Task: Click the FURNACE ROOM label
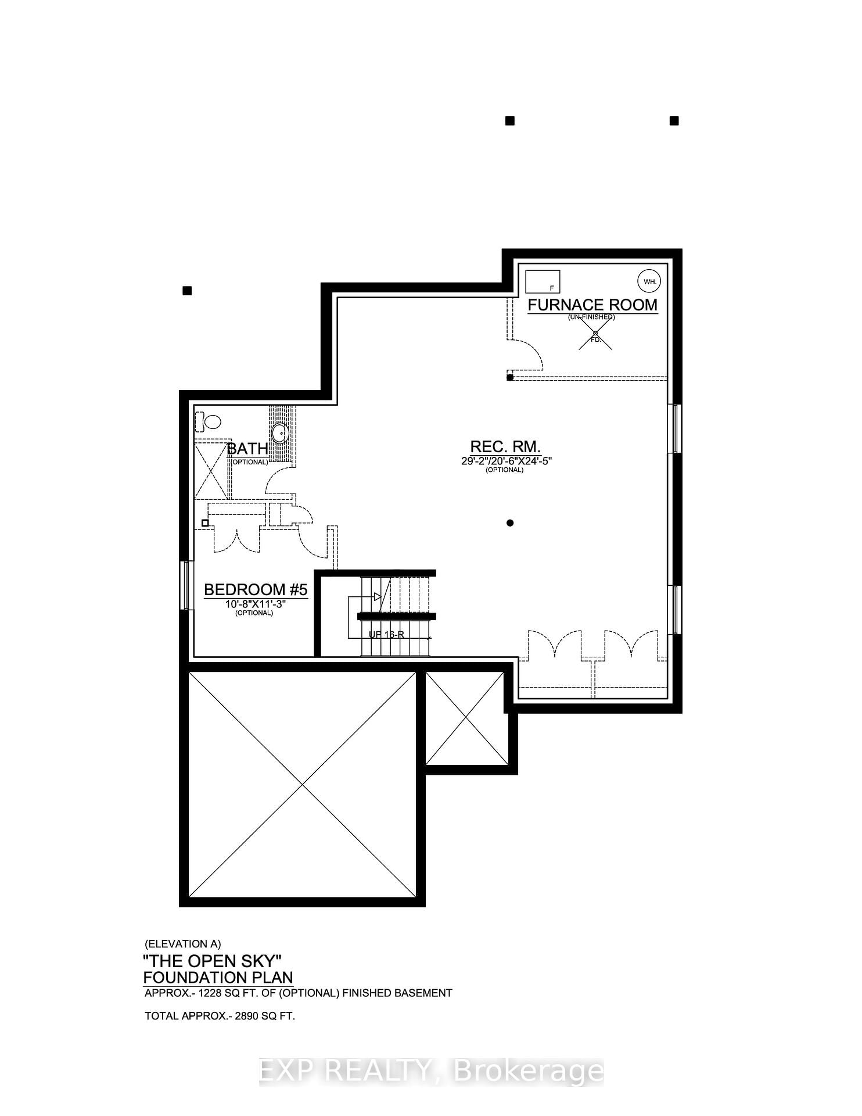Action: (592, 305)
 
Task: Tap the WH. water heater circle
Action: (649, 282)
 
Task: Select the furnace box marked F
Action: (543, 282)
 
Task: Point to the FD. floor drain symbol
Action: (595, 334)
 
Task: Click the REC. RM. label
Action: (505, 446)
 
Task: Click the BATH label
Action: (247, 449)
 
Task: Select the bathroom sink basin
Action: (280, 432)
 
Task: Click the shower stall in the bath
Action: (211, 470)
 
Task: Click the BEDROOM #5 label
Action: (256, 590)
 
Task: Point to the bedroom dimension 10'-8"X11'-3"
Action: (256, 604)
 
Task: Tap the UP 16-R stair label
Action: (386, 634)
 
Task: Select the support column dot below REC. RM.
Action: (510, 523)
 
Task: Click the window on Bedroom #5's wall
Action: (186, 585)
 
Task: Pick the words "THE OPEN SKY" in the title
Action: (212, 960)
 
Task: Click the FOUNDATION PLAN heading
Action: (218, 978)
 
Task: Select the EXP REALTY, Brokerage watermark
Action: (431, 1070)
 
